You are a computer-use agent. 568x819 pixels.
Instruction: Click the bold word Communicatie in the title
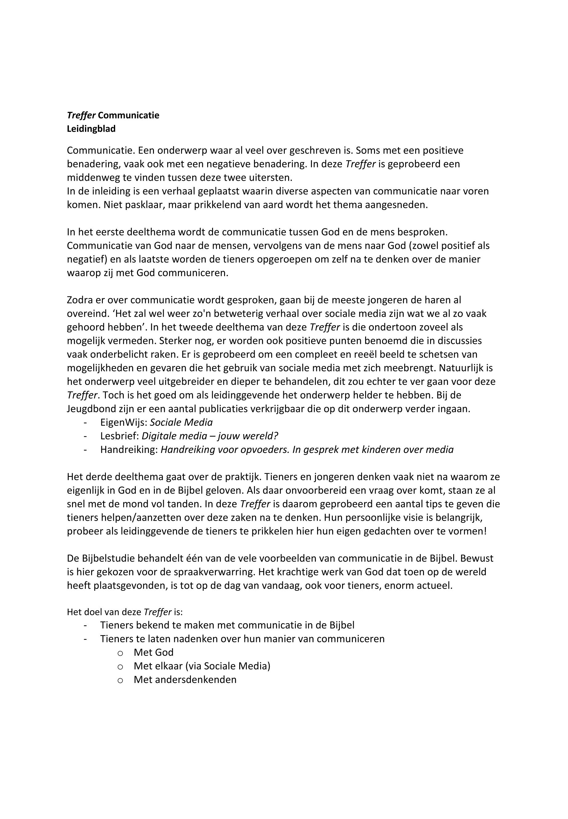tap(128, 115)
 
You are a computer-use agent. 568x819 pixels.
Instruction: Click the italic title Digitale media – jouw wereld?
tap(210, 436)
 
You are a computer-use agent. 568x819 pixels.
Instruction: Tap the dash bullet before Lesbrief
tap(85, 436)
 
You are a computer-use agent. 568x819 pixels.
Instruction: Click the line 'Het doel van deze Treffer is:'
tap(125, 612)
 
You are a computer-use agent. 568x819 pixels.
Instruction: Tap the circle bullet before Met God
tap(120, 653)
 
